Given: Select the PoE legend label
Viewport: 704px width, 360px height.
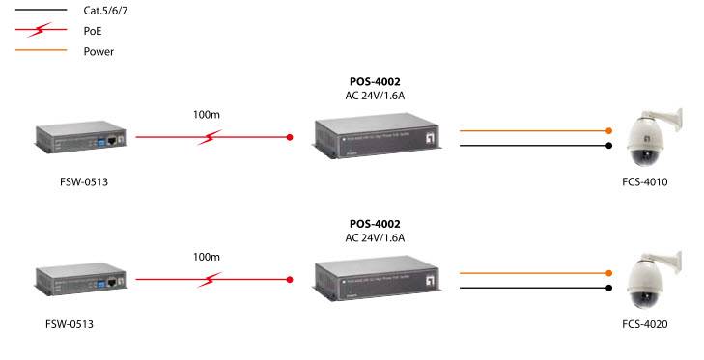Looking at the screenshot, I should pyautogui.click(x=93, y=31).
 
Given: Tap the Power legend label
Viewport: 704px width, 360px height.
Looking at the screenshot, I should pyautogui.click(x=99, y=51).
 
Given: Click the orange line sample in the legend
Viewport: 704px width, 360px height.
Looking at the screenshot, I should pyautogui.click(x=35, y=50).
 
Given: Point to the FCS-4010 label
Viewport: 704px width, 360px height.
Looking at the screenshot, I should pyautogui.click(x=644, y=181).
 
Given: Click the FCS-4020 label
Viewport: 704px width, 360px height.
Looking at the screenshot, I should pyautogui.click(x=644, y=324).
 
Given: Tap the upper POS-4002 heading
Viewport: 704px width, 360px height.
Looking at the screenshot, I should pyautogui.click(x=375, y=81).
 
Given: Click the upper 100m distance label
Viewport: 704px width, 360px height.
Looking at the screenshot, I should pyautogui.click(x=207, y=115).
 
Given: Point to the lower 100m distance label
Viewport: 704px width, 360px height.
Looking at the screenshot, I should pyautogui.click(x=207, y=258).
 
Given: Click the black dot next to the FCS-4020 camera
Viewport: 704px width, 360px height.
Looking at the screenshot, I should pyautogui.click(x=608, y=287).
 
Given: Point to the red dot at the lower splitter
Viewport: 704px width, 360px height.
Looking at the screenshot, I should pyautogui.click(x=291, y=280).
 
